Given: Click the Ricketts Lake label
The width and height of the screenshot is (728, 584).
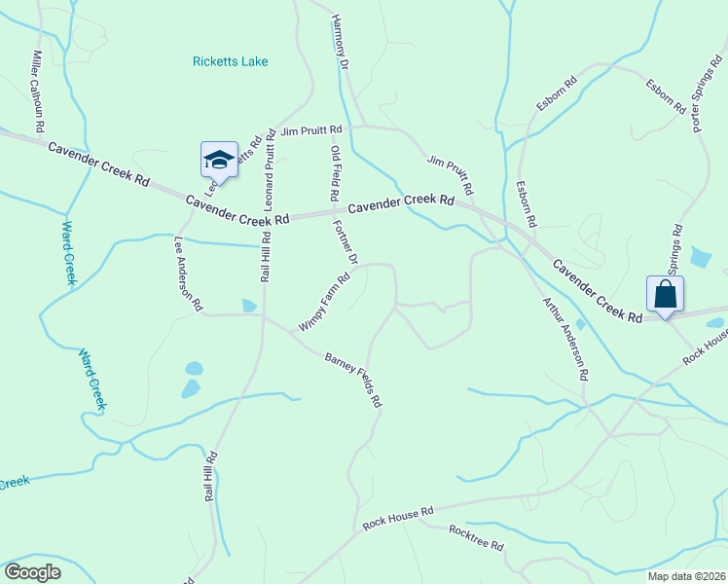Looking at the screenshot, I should click(x=230, y=61).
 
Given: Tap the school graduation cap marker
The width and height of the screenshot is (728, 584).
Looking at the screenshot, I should click(x=219, y=160).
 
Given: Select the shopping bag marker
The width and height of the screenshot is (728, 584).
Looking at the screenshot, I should click(x=666, y=294).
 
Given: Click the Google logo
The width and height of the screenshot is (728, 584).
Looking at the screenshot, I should click(x=32, y=572).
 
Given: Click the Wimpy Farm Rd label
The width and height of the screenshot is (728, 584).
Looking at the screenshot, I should click(x=324, y=301).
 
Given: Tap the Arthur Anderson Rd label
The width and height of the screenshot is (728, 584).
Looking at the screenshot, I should click(x=565, y=339).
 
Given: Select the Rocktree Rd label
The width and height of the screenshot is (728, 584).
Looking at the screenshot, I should click(x=476, y=538).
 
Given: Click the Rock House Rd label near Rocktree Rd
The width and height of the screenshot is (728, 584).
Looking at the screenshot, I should click(x=397, y=516).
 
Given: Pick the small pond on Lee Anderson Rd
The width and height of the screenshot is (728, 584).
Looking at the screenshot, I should click(x=249, y=306).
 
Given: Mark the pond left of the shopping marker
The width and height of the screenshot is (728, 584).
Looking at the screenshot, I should click(x=580, y=324).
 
